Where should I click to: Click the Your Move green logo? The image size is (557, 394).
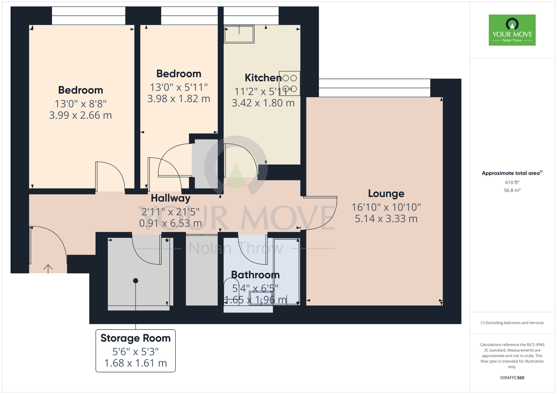pyautogui.click(x=512, y=30)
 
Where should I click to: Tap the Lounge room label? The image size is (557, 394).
pyautogui.click(x=386, y=193)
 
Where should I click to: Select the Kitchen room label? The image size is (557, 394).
pyautogui.click(x=263, y=78)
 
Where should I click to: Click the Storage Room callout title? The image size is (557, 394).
pyautogui.click(x=135, y=338)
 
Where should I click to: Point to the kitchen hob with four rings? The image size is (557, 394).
pyautogui.click(x=290, y=83)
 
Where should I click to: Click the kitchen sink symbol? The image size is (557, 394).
pyautogui.click(x=239, y=34)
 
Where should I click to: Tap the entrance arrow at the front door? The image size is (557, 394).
pyautogui.click(x=48, y=269)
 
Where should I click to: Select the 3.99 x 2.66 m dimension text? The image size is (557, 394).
pyautogui.click(x=80, y=115)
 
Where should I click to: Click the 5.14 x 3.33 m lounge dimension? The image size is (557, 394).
pyautogui.click(x=386, y=219)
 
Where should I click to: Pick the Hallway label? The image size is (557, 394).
pyautogui.click(x=170, y=198)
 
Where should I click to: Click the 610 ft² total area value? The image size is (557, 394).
pyautogui.click(x=512, y=182)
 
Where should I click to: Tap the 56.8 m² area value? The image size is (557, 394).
pyautogui.click(x=512, y=190)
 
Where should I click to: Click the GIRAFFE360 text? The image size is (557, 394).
pyautogui.click(x=512, y=378)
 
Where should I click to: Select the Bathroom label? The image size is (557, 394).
pyautogui.click(x=255, y=275)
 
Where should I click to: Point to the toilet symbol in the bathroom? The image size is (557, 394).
pyautogui.click(x=231, y=293)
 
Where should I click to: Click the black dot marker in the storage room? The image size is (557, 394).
pyautogui.click(x=136, y=281)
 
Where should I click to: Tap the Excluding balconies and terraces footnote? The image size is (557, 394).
pyautogui.click(x=512, y=323)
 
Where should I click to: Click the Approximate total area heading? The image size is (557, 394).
pyautogui.click(x=512, y=173)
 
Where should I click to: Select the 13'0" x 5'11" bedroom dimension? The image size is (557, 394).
pyautogui.click(x=179, y=87)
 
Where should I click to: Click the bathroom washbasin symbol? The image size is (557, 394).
pyautogui.click(x=261, y=298)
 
